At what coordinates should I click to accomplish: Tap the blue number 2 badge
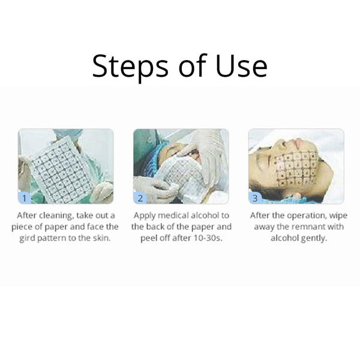tap(140, 196)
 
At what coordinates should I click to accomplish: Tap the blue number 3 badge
tap(256, 196)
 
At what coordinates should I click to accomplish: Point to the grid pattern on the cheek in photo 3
tap(295, 168)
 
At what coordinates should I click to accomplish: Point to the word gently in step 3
tap(314, 238)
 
